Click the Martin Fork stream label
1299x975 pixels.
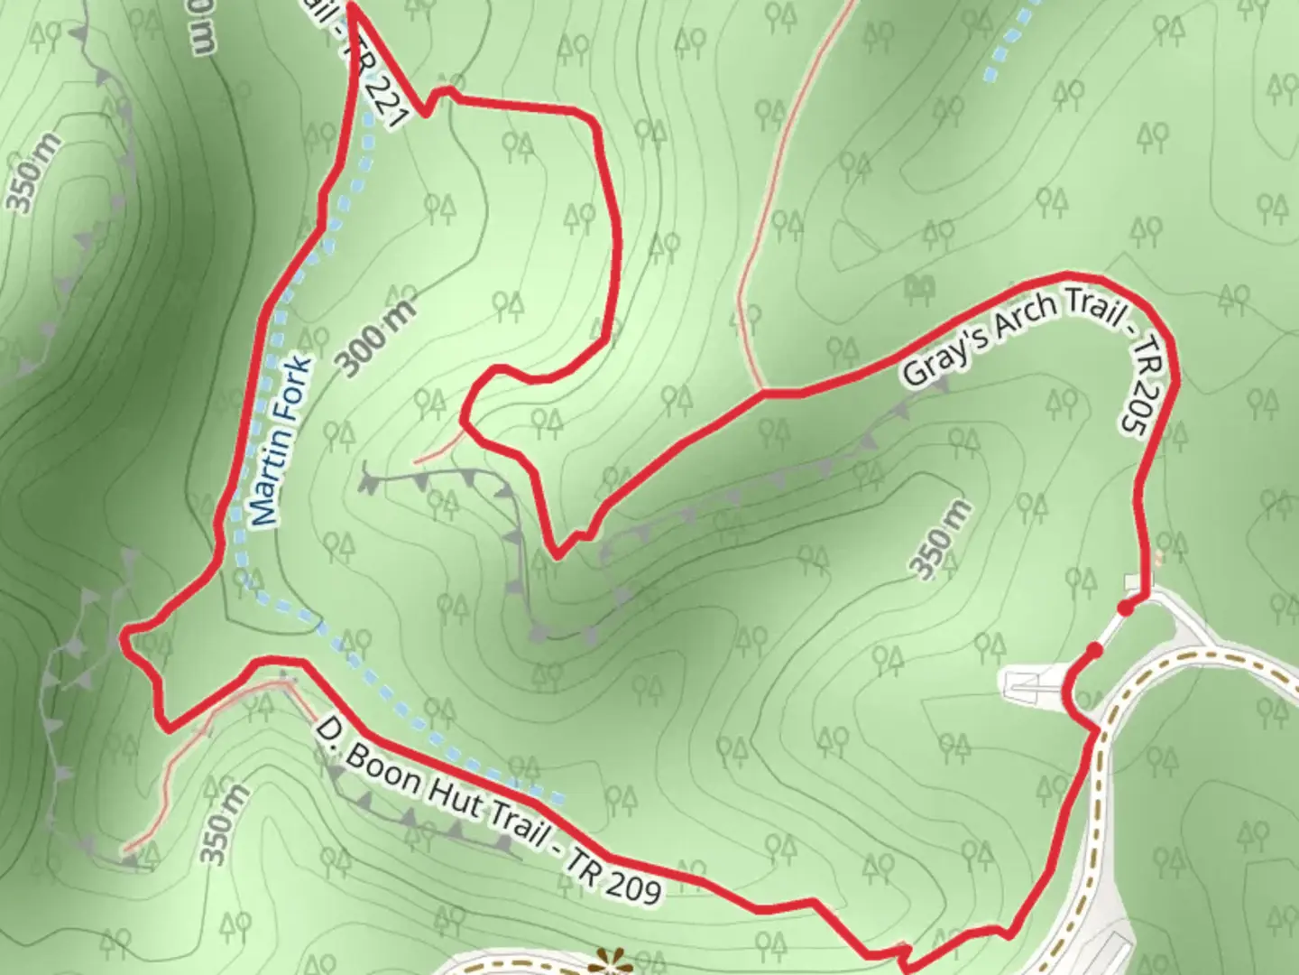281,442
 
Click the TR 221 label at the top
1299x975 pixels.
386,90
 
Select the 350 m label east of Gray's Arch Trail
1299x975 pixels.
940,539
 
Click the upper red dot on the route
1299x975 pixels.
1126,608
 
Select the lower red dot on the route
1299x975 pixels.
1094,650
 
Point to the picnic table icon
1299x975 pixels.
918,288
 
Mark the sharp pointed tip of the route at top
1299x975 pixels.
350,7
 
